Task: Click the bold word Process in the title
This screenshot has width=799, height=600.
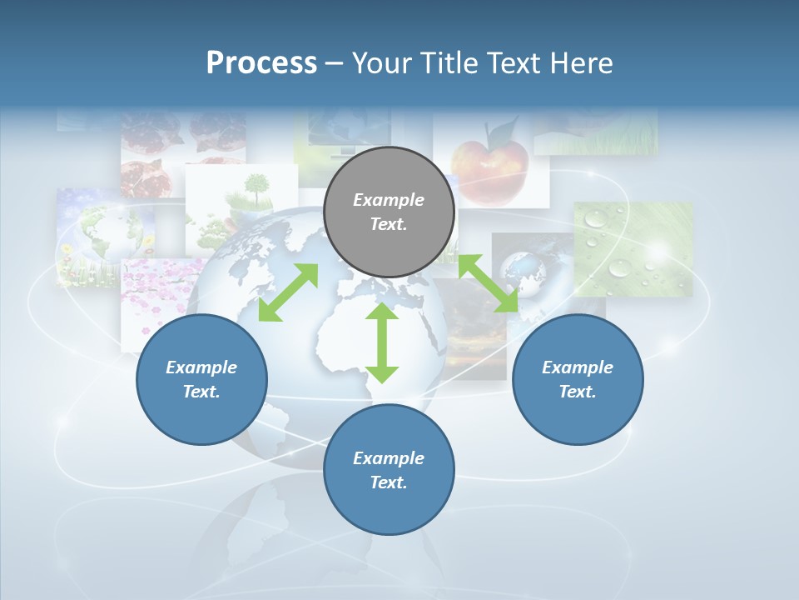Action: coord(261,63)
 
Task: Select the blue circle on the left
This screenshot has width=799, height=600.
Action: coord(201,380)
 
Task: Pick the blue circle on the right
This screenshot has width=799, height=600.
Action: coord(578,380)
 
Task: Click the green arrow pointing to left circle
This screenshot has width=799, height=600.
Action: coord(288,292)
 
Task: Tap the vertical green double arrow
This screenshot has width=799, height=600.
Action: coord(382,343)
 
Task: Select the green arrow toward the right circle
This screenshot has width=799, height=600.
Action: coord(489,284)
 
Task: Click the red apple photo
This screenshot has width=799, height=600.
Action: coord(491,162)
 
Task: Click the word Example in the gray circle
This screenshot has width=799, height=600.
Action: coord(389,200)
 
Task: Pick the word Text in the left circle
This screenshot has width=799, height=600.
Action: coord(201,392)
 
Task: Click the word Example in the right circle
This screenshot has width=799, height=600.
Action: coord(578,367)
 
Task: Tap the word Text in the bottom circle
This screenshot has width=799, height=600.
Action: coord(388,482)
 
